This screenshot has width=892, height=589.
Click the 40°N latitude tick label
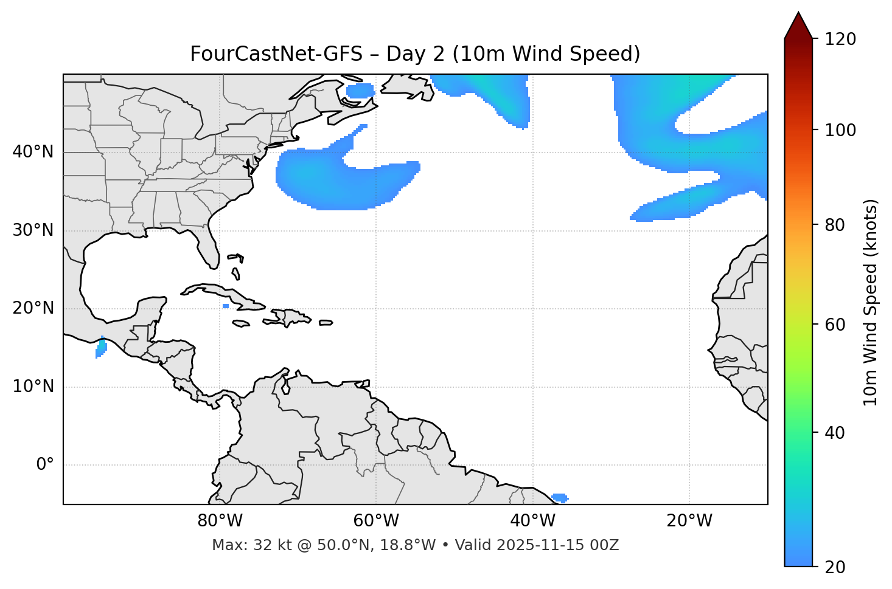click(x=33, y=152)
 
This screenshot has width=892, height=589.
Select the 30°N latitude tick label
click(x=33, y=230)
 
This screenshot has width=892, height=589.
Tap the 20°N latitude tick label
click(x=33, y=308)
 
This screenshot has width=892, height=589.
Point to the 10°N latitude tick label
click(x=33, y=387)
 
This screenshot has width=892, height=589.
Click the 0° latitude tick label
click(x=44, y=465)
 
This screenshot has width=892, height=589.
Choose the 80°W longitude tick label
click(x=220, y=521)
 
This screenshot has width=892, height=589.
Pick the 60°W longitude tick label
click(x=376, y=521)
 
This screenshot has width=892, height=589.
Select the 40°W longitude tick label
click(x=532, y=521)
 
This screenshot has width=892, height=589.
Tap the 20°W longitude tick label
click(x=689, y=521)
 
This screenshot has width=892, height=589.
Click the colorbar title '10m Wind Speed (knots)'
click(x=871, y=302)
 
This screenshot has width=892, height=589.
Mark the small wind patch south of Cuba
click(x=226, y=306)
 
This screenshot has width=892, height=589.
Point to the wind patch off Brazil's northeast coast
click(x=559, y=498)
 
